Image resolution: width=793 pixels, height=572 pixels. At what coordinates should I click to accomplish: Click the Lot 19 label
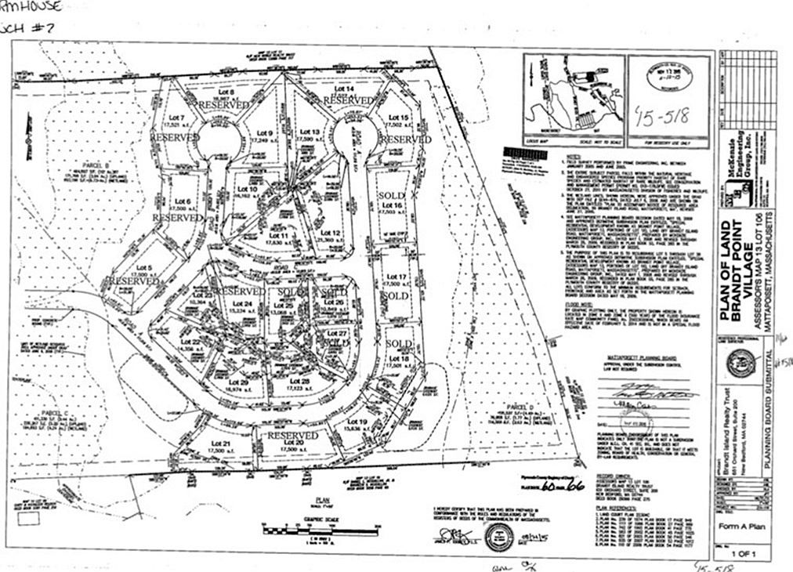357,423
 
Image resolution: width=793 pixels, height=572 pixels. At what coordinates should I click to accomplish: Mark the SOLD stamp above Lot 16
392,194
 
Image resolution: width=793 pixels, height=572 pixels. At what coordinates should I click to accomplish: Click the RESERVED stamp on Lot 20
292,435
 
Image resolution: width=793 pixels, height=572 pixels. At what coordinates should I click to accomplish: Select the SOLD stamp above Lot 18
399,344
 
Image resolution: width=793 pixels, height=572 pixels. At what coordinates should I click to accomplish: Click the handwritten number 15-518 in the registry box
662,116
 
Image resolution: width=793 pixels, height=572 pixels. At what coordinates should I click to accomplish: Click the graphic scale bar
321,530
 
